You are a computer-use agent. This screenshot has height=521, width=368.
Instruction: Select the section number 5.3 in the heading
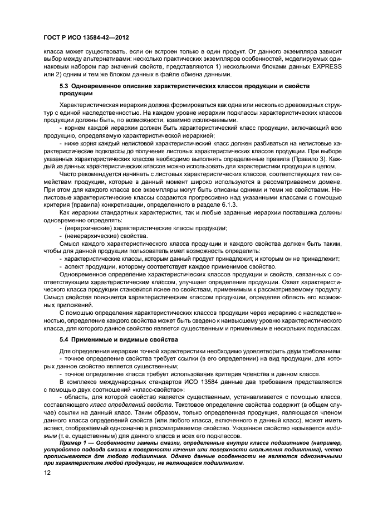tap(65, 87)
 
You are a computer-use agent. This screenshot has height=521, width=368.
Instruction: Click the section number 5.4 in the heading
tap(65, 339)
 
